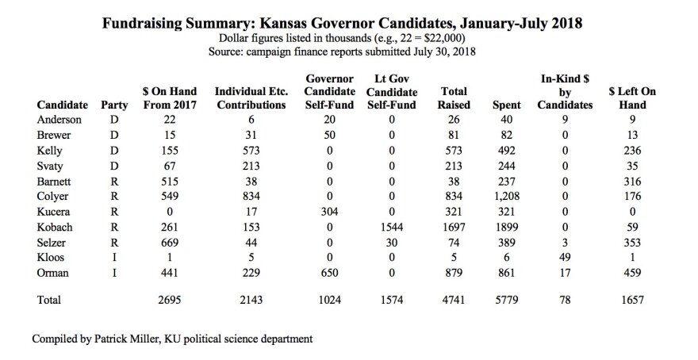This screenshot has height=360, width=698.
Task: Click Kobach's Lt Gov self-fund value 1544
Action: tap(392, 228)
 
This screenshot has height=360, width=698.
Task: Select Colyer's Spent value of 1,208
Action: tap(507, 196)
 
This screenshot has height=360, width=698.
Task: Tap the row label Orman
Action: tap(52, 273)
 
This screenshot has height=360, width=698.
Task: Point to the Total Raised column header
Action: tap(454, 98)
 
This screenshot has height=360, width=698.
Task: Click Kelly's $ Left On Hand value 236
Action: tap(632, 151)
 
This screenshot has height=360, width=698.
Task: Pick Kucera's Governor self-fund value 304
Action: tap(329, 212)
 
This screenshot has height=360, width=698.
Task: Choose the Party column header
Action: tap(114, 105)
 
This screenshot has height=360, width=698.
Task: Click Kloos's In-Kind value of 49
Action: tap(565, 258)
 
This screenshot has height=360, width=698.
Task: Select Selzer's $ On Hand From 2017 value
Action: tap(170, 243)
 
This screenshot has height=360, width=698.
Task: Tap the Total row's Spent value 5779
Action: tap(507, 300)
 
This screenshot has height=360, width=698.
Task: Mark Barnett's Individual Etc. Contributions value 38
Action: tap(251, 182)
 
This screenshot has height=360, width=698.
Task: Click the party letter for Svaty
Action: tap(114, 167)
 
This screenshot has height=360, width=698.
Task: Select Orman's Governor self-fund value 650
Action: tap(329, 273)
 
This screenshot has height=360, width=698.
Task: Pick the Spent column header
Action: tap(507, 105)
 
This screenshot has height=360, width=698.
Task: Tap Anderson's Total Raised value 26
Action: tap(454, 120)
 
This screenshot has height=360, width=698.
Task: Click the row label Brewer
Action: tap(53, 136)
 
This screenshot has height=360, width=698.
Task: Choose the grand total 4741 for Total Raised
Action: tap(454, 300)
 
